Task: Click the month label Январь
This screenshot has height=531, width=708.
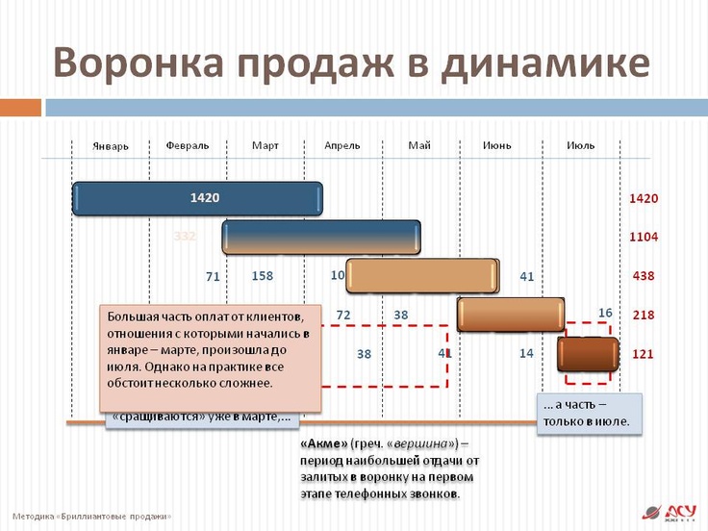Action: point(111,146)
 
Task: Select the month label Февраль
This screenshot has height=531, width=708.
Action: point(187,145)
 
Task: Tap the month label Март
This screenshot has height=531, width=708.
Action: point(265,145)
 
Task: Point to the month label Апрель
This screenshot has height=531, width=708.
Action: point(341,145)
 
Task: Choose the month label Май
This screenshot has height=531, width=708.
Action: point(419,145)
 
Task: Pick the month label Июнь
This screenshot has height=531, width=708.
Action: point(497,145)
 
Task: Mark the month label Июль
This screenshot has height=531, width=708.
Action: point(580,145)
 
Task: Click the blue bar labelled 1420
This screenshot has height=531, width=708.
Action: point(198,199)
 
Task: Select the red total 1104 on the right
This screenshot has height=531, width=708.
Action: point(643,237)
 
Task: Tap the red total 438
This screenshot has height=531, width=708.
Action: point(643,276)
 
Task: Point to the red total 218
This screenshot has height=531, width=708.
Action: point(643,315)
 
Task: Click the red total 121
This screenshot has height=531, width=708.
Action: point(643,354)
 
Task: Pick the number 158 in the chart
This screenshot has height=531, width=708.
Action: point(263,276)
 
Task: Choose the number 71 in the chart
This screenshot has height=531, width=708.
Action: point(214,277)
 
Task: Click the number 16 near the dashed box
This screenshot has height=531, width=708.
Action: point(605,313)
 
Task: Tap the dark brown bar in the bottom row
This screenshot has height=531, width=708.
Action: point(589,354)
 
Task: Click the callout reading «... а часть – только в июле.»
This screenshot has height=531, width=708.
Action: point(587,413)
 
